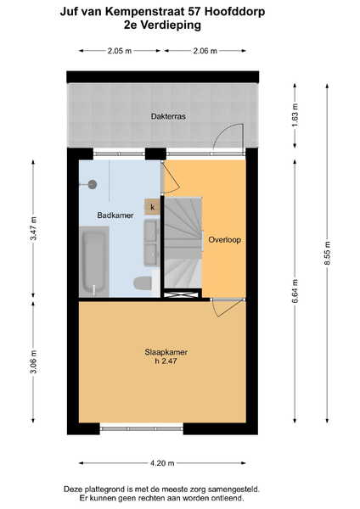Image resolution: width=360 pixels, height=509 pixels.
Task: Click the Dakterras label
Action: point(168,116)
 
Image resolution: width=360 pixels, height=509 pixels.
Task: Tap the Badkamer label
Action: point(115,215)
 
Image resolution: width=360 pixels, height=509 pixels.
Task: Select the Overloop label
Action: point(224,240)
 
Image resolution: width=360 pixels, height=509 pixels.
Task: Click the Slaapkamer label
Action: point(166,352)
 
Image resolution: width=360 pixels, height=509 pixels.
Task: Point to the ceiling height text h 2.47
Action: point(166,361)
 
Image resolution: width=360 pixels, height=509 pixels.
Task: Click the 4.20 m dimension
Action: point(162,463)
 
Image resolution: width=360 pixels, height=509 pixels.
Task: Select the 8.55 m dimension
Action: point(327,253)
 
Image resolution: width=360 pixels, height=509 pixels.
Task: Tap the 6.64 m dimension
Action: point(295,291)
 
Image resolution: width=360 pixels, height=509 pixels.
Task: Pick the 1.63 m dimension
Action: point(295,115)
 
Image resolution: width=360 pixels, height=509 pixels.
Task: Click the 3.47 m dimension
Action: point(33,228)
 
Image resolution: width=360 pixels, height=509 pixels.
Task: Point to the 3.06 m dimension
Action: point(33,361)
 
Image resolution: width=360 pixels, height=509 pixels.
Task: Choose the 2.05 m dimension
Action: point(120,51)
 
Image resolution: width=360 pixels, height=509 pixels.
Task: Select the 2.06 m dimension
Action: point(205,51)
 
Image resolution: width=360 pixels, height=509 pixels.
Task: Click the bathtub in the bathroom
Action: point(94,261)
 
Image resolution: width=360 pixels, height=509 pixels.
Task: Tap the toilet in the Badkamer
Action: point(143,283)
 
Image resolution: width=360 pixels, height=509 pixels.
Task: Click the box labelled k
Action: point(152,207)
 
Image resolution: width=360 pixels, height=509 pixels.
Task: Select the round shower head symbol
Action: point(93,185)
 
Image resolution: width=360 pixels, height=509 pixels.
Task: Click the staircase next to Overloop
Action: point(183,243)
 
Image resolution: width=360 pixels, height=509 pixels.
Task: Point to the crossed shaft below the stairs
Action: point(181,294)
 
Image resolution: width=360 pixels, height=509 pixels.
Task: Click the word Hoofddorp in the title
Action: point(235,11)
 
